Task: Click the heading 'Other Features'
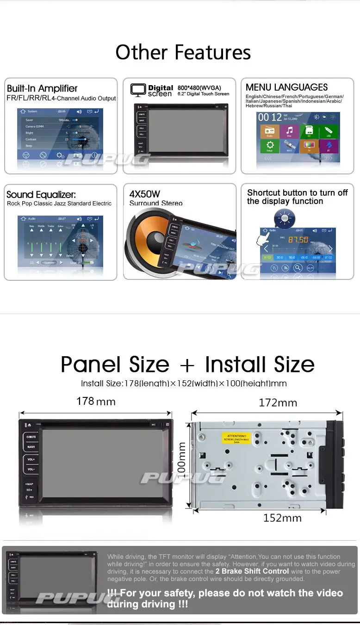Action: (x=183, y=52)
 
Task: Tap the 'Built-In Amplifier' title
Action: (x=42, y=88)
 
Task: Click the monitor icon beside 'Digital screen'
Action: (x=138, y=90)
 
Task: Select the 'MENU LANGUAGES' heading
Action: (x=286, y=87)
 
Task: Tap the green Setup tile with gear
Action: (x=270, y=147)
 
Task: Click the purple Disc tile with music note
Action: (x=289, y=131)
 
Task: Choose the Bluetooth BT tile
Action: (x=329, y=147)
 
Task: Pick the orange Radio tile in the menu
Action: (x=270, y=131)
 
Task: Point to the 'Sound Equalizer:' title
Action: (x=41, y=195)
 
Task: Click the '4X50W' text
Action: (x=145, y=194)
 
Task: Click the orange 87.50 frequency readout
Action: (x=298, y=240)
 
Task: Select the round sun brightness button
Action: (x=284, y=218)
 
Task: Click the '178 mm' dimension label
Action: (x=96, y=401)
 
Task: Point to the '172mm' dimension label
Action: (x=278, y=402)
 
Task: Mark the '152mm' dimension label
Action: (x=282, y=518)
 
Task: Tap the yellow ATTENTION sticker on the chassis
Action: (x=236, y=438)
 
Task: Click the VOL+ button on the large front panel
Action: (x=31, y=460)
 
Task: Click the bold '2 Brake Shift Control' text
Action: (x=252, y=571)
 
